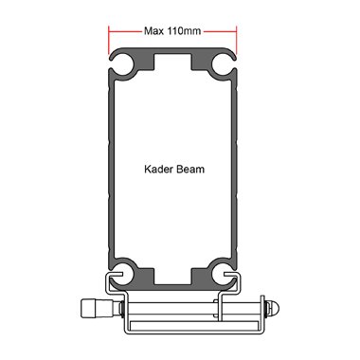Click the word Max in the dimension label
(154, 31)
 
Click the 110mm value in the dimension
(184, 31)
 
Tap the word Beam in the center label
(190, 169)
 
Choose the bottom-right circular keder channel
(224, 274)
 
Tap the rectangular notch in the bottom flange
(172, 277)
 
